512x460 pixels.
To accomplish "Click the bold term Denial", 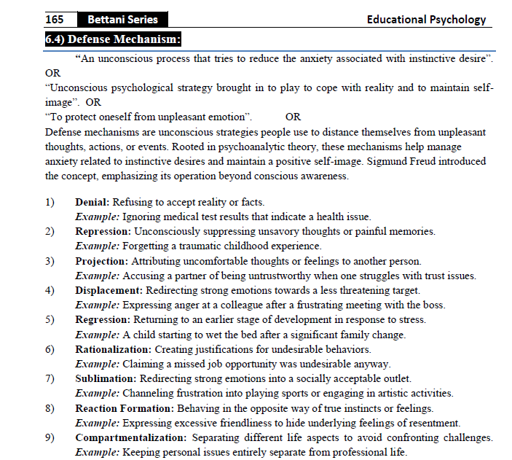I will (x=92, y=202).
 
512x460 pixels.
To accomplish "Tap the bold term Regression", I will (x=102, y=319).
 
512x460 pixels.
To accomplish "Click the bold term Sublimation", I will (x=106, y=378).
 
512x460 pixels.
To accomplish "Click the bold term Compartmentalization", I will (x=131, y=437).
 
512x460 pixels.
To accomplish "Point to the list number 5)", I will (x=50, y=319).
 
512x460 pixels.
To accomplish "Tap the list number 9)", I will (x=50, y=437).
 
